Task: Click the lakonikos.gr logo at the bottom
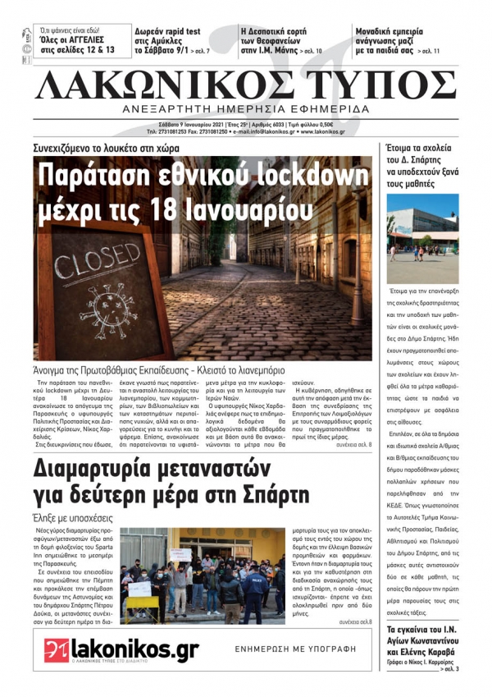pyautogui.click(x=121, y=650)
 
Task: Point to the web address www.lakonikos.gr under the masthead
pyautogui.click(x=317, y=131)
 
